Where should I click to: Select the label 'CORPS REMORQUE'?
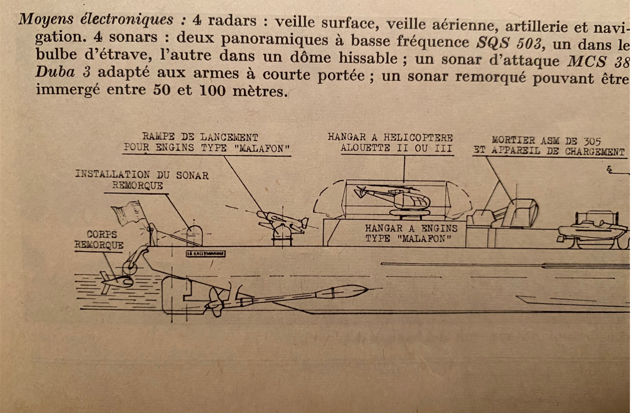pyautogui.click(x=99, y=240)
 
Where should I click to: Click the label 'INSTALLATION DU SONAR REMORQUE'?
pyautogui.click(x=142, y=180)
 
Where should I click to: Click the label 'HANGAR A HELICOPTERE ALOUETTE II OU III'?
pyautogui.click(x=391, y=143)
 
